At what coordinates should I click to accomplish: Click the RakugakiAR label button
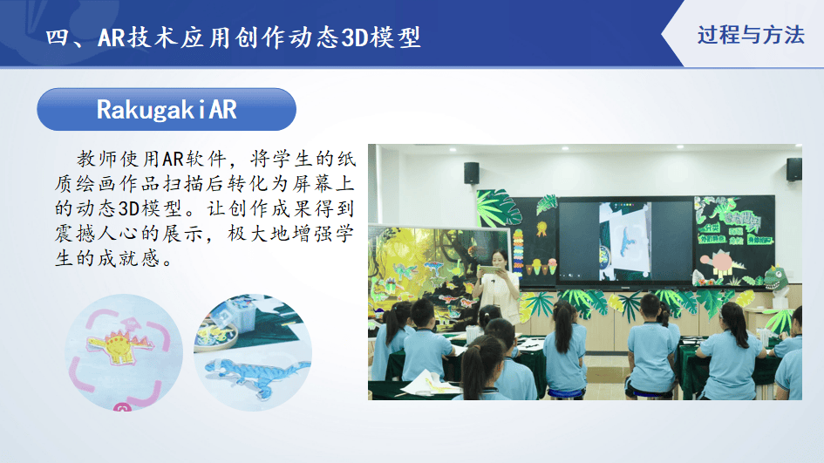(x=167, y=109)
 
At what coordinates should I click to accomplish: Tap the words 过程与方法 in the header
(x=751, y=35)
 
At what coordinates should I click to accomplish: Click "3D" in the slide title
(x=355, y=37)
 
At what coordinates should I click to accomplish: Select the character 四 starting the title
(x=56, y=37)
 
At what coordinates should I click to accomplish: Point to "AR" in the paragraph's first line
(x=172, y=159)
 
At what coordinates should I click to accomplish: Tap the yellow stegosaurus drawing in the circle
(x=120, y=345)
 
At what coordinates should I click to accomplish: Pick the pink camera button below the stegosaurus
(x=122, y=407)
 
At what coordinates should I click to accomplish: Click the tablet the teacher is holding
(x=490, y=269)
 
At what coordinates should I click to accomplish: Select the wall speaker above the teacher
(x=472, y=173)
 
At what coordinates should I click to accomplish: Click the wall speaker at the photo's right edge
(x=793, y=169)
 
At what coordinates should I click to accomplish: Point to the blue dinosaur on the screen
(x=628, y=240)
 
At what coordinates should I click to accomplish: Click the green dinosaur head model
(x=776, y=278)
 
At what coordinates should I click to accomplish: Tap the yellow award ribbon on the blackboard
(x=541, y=228)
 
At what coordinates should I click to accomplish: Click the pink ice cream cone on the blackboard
(x=552, y=266)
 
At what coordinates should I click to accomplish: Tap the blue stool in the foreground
(x=564, y=393)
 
